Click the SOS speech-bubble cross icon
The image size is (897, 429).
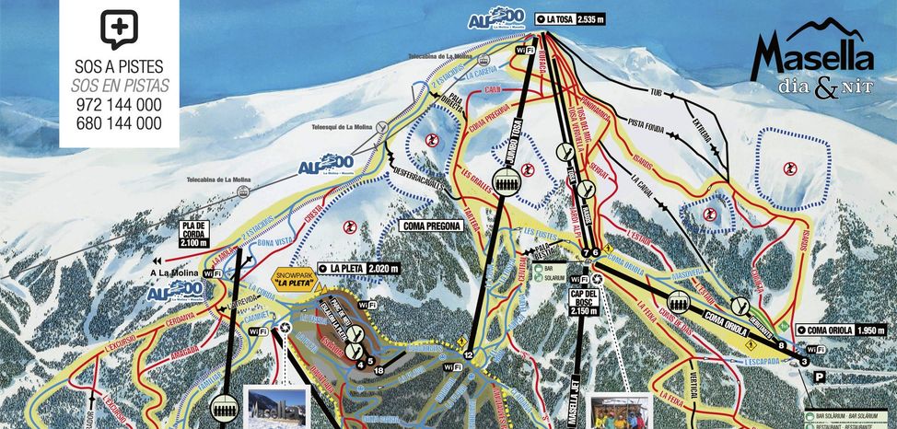[x=119, y=30]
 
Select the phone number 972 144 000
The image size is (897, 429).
[x=119, y=105]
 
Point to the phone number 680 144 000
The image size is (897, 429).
[x=119, y=123]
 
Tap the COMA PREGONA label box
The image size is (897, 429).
[x=430, y=224]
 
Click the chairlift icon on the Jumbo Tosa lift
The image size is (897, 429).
[x=506, y=179]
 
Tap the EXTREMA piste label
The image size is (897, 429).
[x=703, y=133]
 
